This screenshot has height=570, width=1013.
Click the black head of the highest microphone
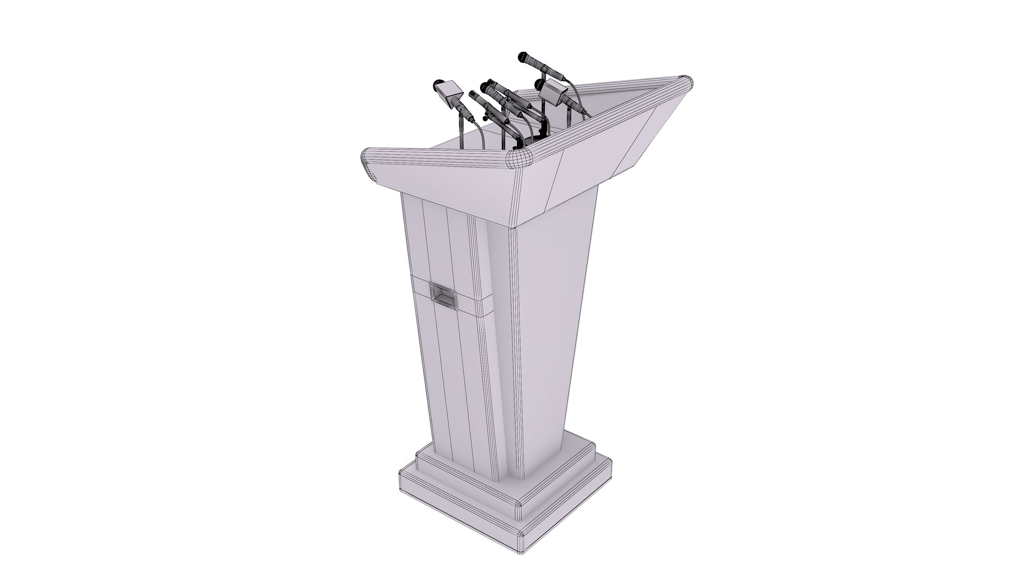[522, 56]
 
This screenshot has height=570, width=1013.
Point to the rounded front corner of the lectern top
[519, 158]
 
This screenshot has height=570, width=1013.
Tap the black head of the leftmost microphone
[437, 84]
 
